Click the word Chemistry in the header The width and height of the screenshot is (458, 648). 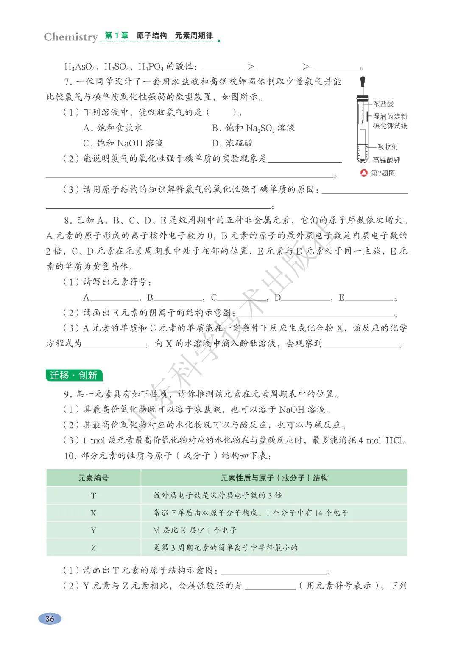tap(71, 37)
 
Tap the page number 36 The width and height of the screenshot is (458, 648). tap(50, 618)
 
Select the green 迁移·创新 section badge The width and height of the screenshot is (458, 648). tap(74, 375)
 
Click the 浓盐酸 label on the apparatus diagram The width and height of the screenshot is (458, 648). tap(383, 104)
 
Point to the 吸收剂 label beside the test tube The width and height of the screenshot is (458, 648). tap(388, 147)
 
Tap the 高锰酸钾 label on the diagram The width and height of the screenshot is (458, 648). tap(386, 160)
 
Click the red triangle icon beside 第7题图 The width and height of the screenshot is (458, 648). tap(363, 173)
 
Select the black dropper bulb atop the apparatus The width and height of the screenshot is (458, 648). tap(362, 81)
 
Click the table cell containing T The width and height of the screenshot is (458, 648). tap(93, 495)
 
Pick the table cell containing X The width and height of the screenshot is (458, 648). tap(93, 513)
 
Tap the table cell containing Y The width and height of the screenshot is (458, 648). tap(93, 530)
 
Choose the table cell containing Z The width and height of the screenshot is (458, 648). tap(93, 547)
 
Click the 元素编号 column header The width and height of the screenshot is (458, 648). tap(93, 478)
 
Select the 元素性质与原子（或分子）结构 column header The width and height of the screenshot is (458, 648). tap(274, 478)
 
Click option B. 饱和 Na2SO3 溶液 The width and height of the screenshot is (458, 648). tap(253, 128)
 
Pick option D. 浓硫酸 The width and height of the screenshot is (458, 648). tap(232, 143)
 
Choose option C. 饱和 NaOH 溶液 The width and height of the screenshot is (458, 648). tap(123, 143)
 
